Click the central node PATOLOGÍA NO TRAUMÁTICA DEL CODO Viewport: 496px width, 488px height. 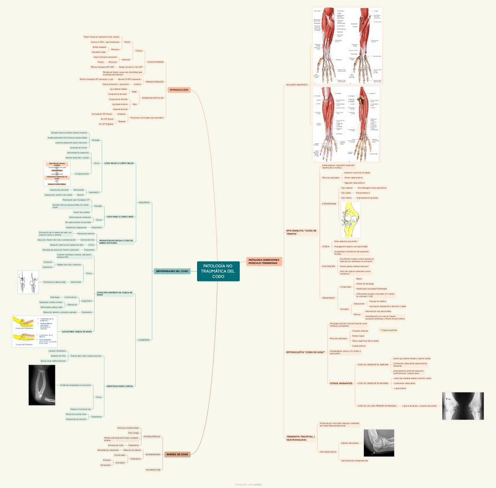218,271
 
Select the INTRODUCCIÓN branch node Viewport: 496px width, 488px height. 178,90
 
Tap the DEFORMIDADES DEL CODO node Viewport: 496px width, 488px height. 172,272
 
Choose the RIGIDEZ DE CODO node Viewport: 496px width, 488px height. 177,454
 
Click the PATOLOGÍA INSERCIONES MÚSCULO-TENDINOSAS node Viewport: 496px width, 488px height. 264,261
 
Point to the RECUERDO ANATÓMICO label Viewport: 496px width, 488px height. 297,85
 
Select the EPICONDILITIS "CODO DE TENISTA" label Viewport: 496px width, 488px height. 301,232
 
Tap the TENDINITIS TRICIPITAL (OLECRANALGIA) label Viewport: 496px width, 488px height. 301,437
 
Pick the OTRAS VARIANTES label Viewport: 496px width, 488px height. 341,383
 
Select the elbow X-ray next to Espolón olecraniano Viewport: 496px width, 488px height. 382,442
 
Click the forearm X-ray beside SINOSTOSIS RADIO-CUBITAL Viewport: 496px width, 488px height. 42,385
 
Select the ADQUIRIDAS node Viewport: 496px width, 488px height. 143,202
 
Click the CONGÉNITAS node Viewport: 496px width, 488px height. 143,340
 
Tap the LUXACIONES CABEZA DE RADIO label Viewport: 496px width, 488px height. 77,332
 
